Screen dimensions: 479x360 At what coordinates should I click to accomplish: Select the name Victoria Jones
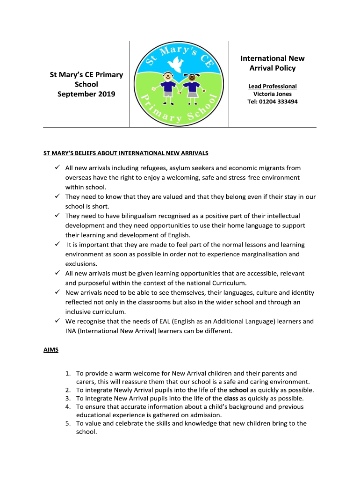coord(272,94)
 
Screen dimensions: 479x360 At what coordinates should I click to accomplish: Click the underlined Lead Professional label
coord(272,86)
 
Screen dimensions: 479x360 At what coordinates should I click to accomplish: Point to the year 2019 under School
coord(106,94)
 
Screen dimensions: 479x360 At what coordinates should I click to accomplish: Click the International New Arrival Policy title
coord(272,63)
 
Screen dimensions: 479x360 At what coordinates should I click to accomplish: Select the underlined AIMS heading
coord(51,350)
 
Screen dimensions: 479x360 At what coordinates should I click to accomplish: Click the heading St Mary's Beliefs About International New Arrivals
coord(126,153)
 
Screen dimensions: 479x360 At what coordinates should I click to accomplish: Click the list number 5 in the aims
coord(68,424)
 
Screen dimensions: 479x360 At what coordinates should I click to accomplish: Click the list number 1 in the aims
coord(68,373)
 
